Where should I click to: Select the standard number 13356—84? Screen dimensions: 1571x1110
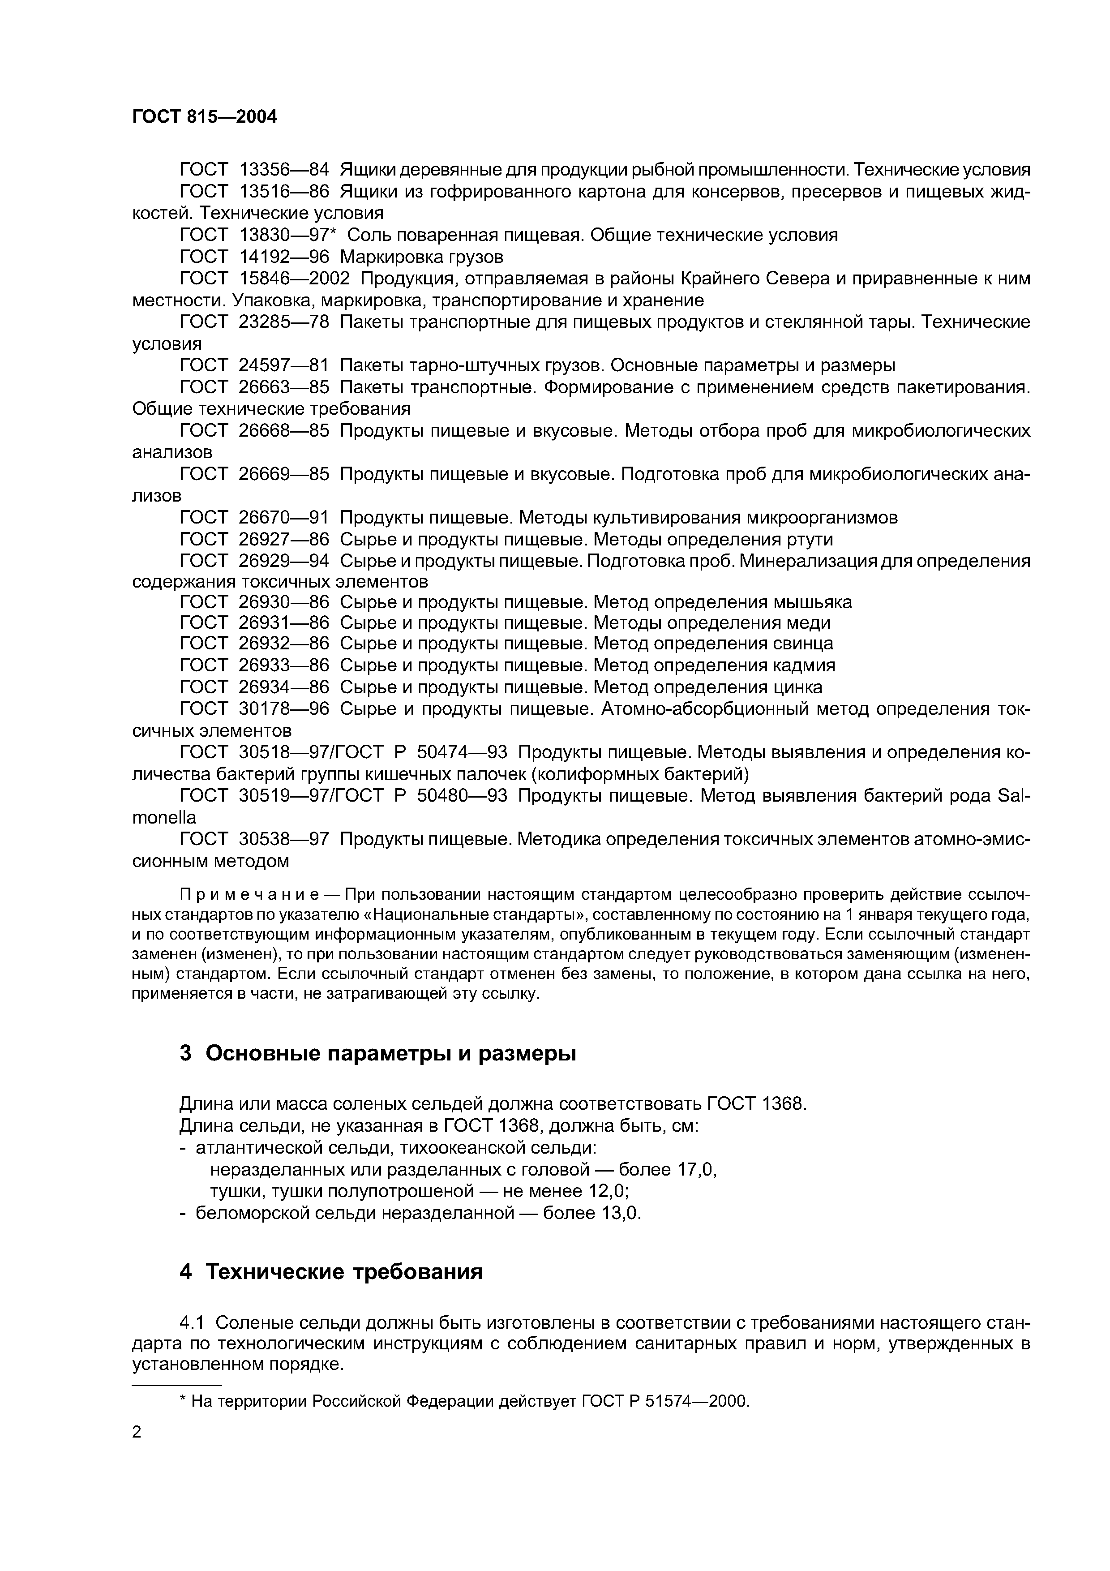pos(284,169)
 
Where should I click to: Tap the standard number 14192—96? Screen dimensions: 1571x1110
pos(284,257)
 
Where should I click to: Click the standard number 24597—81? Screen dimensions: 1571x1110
pos(284,365)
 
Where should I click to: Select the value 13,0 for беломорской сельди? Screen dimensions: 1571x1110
pos(620,1213)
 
